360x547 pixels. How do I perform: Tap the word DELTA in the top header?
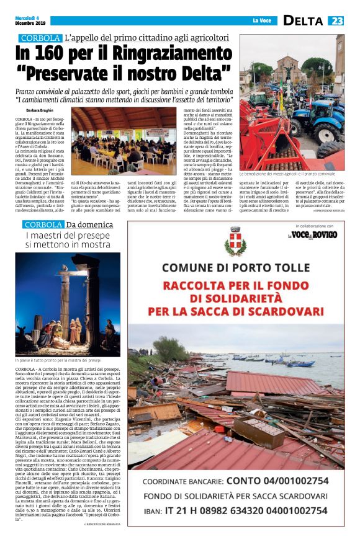tap(304, 20)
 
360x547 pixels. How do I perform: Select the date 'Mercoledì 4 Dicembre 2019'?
tap(29, 20)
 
